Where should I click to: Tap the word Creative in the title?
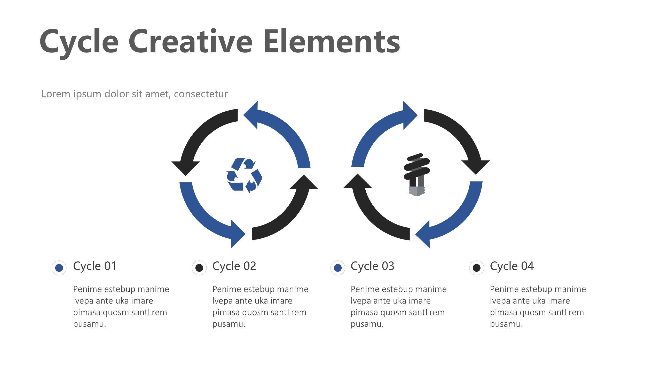(x=190, y=41)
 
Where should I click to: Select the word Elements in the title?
(x=332, y=41)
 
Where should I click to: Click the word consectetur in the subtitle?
(x=201, y=94)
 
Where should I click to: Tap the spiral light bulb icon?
(x=417, y=175)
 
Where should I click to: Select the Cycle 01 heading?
(x=95, y=266)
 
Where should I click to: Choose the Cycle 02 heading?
(x=234, y=266)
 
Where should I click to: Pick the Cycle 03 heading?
(x=372, y=266)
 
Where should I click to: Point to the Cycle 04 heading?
(x=512, y=266)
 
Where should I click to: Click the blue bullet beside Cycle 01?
(x=59, y=268)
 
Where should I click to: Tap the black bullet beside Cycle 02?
(x=199, y=268)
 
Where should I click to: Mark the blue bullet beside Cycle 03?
(x=338, y=268)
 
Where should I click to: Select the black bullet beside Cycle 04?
(x=477, y=268)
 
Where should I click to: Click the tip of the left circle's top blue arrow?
(x=243, y=115)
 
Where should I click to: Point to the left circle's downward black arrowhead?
(x=186, y=168)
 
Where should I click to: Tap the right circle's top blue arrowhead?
(x=410, y=115)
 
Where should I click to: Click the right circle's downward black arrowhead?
(x=476, y=167)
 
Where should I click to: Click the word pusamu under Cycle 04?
(x=506, y=324)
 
